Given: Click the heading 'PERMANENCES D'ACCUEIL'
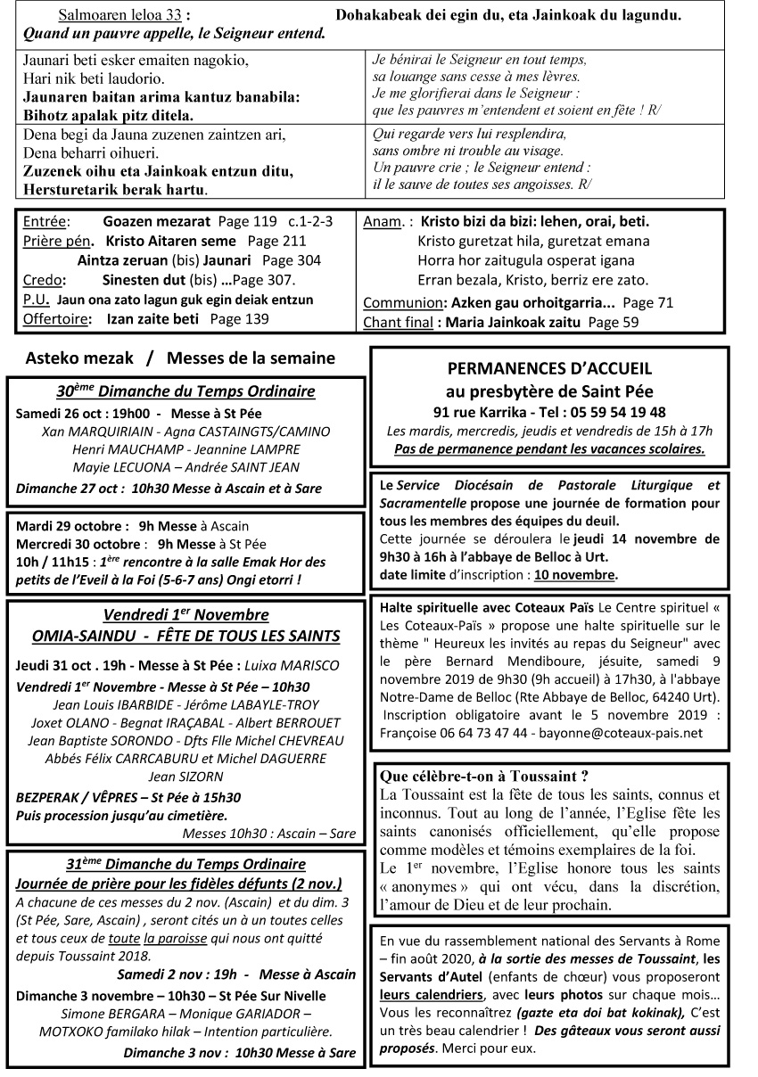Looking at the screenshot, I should (548, 367).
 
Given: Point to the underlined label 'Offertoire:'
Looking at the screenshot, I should (55, 318).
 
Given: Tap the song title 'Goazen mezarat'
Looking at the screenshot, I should (157, 221).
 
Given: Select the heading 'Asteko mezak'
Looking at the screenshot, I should (79, 358).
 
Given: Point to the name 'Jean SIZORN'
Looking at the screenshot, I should (185, 777).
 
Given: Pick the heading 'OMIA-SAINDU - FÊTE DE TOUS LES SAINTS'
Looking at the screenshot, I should (185, 636).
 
